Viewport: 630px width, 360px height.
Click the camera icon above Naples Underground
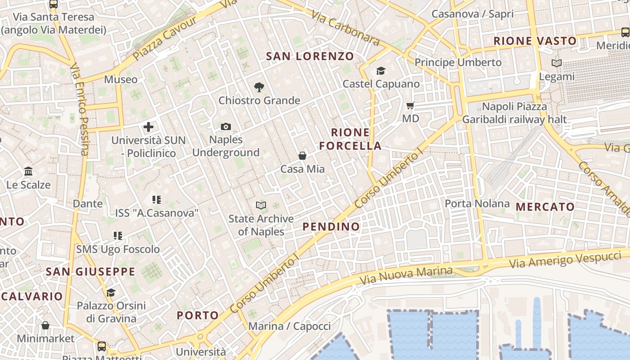(x=226, y=127)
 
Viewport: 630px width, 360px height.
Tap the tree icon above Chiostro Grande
(x=259, y=87)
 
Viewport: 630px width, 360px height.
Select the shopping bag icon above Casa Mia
(x=302, y=156)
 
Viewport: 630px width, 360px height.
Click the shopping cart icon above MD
(x=410, y=106)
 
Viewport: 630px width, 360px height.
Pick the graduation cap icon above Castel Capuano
(x=381, y=71)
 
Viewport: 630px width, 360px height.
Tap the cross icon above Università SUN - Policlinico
(x=148, y=127)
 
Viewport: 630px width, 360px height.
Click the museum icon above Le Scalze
(x=28, y=171)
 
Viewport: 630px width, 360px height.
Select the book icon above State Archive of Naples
(x=261, y=206)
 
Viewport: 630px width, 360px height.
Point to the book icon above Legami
(x=557, y=63)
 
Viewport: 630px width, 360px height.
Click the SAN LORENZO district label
(x=310, y=56)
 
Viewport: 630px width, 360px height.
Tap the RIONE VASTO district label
(x=535, y=41)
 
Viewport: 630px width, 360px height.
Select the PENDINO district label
(x=331, y=226)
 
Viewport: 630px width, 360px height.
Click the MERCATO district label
(x=545, y=207)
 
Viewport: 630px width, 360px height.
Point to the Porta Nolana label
(x=477, y=203)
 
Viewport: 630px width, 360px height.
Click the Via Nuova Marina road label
(x=406, y=275)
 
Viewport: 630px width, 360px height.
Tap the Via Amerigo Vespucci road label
(x=565, y=260)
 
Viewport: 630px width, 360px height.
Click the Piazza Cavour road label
(x=165, y=39)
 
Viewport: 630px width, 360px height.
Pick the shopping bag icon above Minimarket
(x=45, y=325)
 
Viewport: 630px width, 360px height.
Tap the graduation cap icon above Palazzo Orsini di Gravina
(x=111, y=293)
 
